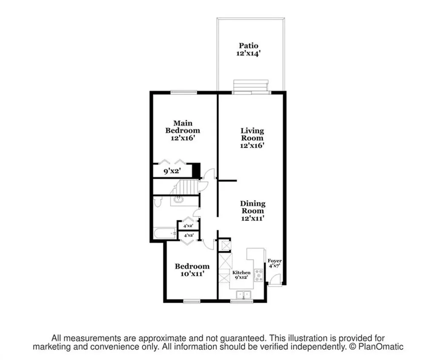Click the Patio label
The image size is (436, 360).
click(249, 46)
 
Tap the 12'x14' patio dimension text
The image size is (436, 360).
click(249, 54)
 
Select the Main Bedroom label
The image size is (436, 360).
click(183, 127)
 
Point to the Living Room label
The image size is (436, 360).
click(252, 134)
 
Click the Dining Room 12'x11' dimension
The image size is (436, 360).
click(252, 218)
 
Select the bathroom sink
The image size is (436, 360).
click(179, 200)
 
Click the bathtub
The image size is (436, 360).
click(165, 233)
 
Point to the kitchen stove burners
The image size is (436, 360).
click(258, 276)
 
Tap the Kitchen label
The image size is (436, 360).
click(241, 272)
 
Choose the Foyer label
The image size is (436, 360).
click(274, 261)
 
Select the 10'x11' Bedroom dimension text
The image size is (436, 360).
click(192, 274)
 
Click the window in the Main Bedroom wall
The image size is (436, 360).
click(184, 92)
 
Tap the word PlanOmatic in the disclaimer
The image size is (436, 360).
click(382, 347)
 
